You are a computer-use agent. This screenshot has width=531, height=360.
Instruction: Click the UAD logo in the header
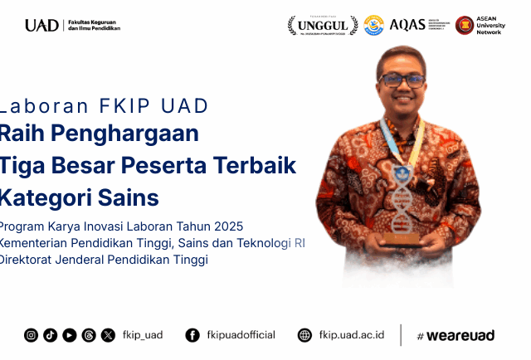click(x=41, y=25)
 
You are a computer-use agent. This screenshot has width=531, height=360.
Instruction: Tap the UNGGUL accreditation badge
click(x=323, y=25)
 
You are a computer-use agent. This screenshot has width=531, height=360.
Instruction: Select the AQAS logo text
click(x=407, y=25)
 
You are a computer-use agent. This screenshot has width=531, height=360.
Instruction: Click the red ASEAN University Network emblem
click(x=465, y=25)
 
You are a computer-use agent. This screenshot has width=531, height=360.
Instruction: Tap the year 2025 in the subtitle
click(x=229, y=226)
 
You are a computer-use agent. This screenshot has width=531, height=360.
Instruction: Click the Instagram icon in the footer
click(x=31, y=335)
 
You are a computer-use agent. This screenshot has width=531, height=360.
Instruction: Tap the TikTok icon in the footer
click(x=50, y=335)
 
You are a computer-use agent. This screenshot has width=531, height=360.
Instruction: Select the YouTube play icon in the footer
click(x=70, y=335)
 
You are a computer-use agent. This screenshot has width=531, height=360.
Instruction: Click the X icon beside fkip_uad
click(x=109, y=335)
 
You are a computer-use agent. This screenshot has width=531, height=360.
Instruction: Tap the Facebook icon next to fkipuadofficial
click(x=192, y=335)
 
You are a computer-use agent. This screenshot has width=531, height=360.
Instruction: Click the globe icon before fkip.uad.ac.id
click(x=305, y=335)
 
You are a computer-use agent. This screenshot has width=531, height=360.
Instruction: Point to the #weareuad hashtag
click(x=455, y=335)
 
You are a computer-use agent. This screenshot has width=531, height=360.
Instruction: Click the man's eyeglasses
click(x=402, y=80)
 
